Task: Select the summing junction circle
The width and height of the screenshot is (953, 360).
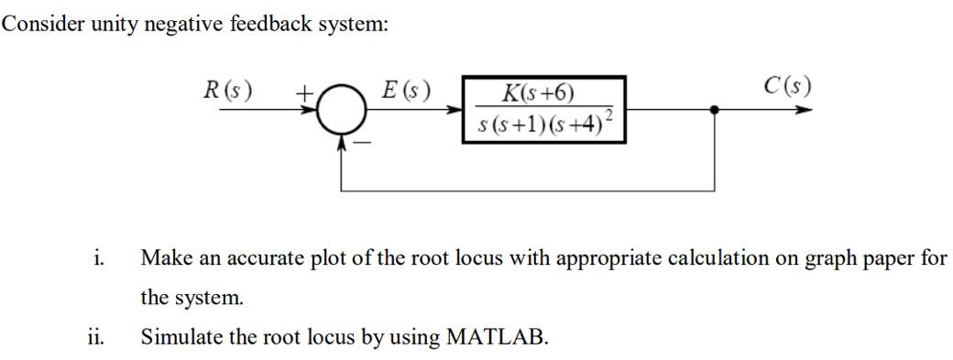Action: point(343,111)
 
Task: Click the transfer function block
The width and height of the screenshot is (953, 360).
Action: point(544,110)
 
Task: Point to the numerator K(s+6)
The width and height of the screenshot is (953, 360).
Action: point(539,93)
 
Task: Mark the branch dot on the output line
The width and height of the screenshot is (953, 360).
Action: point(715,110)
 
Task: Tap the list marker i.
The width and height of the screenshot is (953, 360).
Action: point(97,257)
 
